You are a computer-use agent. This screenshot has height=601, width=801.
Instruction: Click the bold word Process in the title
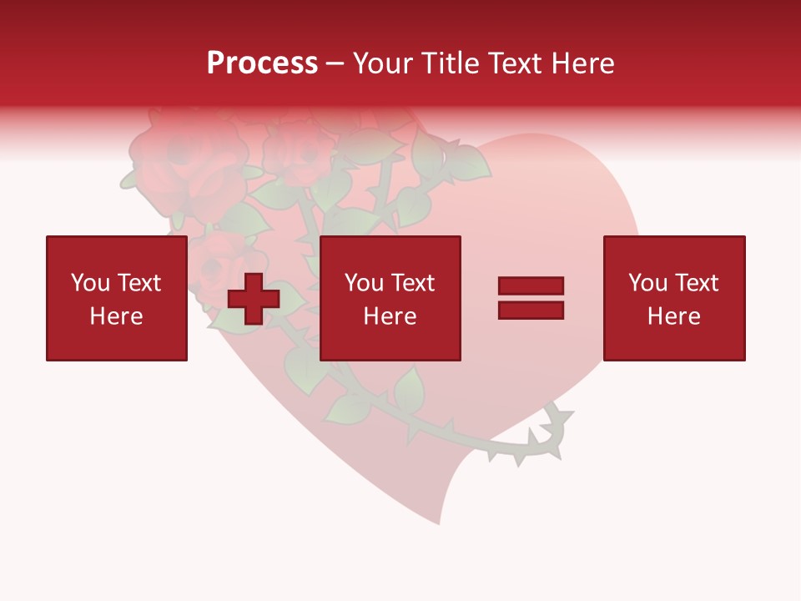click(x=262, y=63)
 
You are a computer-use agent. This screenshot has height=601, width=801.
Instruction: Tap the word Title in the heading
click(x=450, y=63)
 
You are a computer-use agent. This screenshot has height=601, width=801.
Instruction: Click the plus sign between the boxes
click(x=254, y=299)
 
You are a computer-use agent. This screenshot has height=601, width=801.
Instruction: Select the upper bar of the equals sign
click(x=531, y=286)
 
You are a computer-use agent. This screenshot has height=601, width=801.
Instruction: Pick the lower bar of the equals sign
click(x=531, y=310)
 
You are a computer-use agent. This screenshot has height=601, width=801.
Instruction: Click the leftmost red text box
click(x=117, y=298)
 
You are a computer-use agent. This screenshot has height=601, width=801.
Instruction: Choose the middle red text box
click(x=390, y=298)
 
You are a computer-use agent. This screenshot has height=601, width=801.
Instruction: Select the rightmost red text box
click(x=674, y=298)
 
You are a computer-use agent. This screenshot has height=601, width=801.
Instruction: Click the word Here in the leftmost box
click(x=117, y=316)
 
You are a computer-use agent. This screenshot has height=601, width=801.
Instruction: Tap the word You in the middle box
click(x=364, y=284)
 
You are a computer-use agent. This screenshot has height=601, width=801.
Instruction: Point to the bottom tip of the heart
click(x=439, y=522)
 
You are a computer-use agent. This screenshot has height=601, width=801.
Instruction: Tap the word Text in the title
click(x=512, y=63)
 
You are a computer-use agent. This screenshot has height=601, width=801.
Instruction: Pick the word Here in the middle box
click(x=390, y=316)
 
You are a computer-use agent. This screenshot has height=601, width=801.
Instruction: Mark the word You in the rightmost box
click(x=648, y=284)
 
